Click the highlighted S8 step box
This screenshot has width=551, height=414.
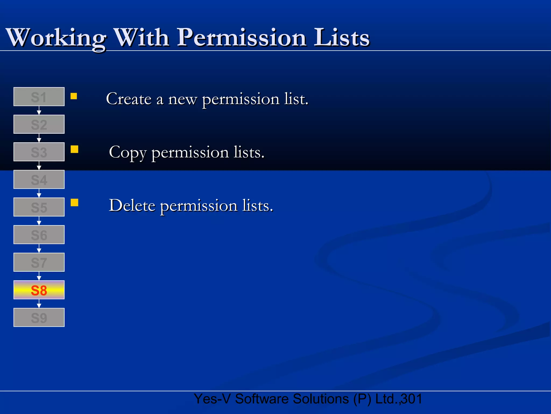point(39,290)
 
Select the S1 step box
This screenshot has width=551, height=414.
point(39,97)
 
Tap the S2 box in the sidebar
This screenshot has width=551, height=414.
point(39,124)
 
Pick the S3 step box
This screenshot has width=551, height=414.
point(39,152)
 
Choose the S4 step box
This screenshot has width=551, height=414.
point(39,180)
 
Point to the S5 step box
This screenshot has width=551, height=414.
point(39,207)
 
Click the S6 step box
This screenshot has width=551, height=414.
point(39,235)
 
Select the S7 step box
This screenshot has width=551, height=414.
point(39,262)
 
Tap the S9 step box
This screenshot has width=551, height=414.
point(39,318)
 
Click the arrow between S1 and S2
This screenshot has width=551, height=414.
point(39,111)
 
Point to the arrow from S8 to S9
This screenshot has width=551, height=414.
point(39,304)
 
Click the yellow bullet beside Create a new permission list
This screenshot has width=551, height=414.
point(74,96)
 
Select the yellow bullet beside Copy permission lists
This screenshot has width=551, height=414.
point(74,149)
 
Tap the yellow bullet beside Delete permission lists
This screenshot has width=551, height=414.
point(74,202)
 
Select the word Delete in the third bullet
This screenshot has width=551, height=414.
point(132,206)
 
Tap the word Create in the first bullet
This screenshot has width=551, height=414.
point(129,99)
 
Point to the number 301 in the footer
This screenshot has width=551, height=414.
point(412,399)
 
